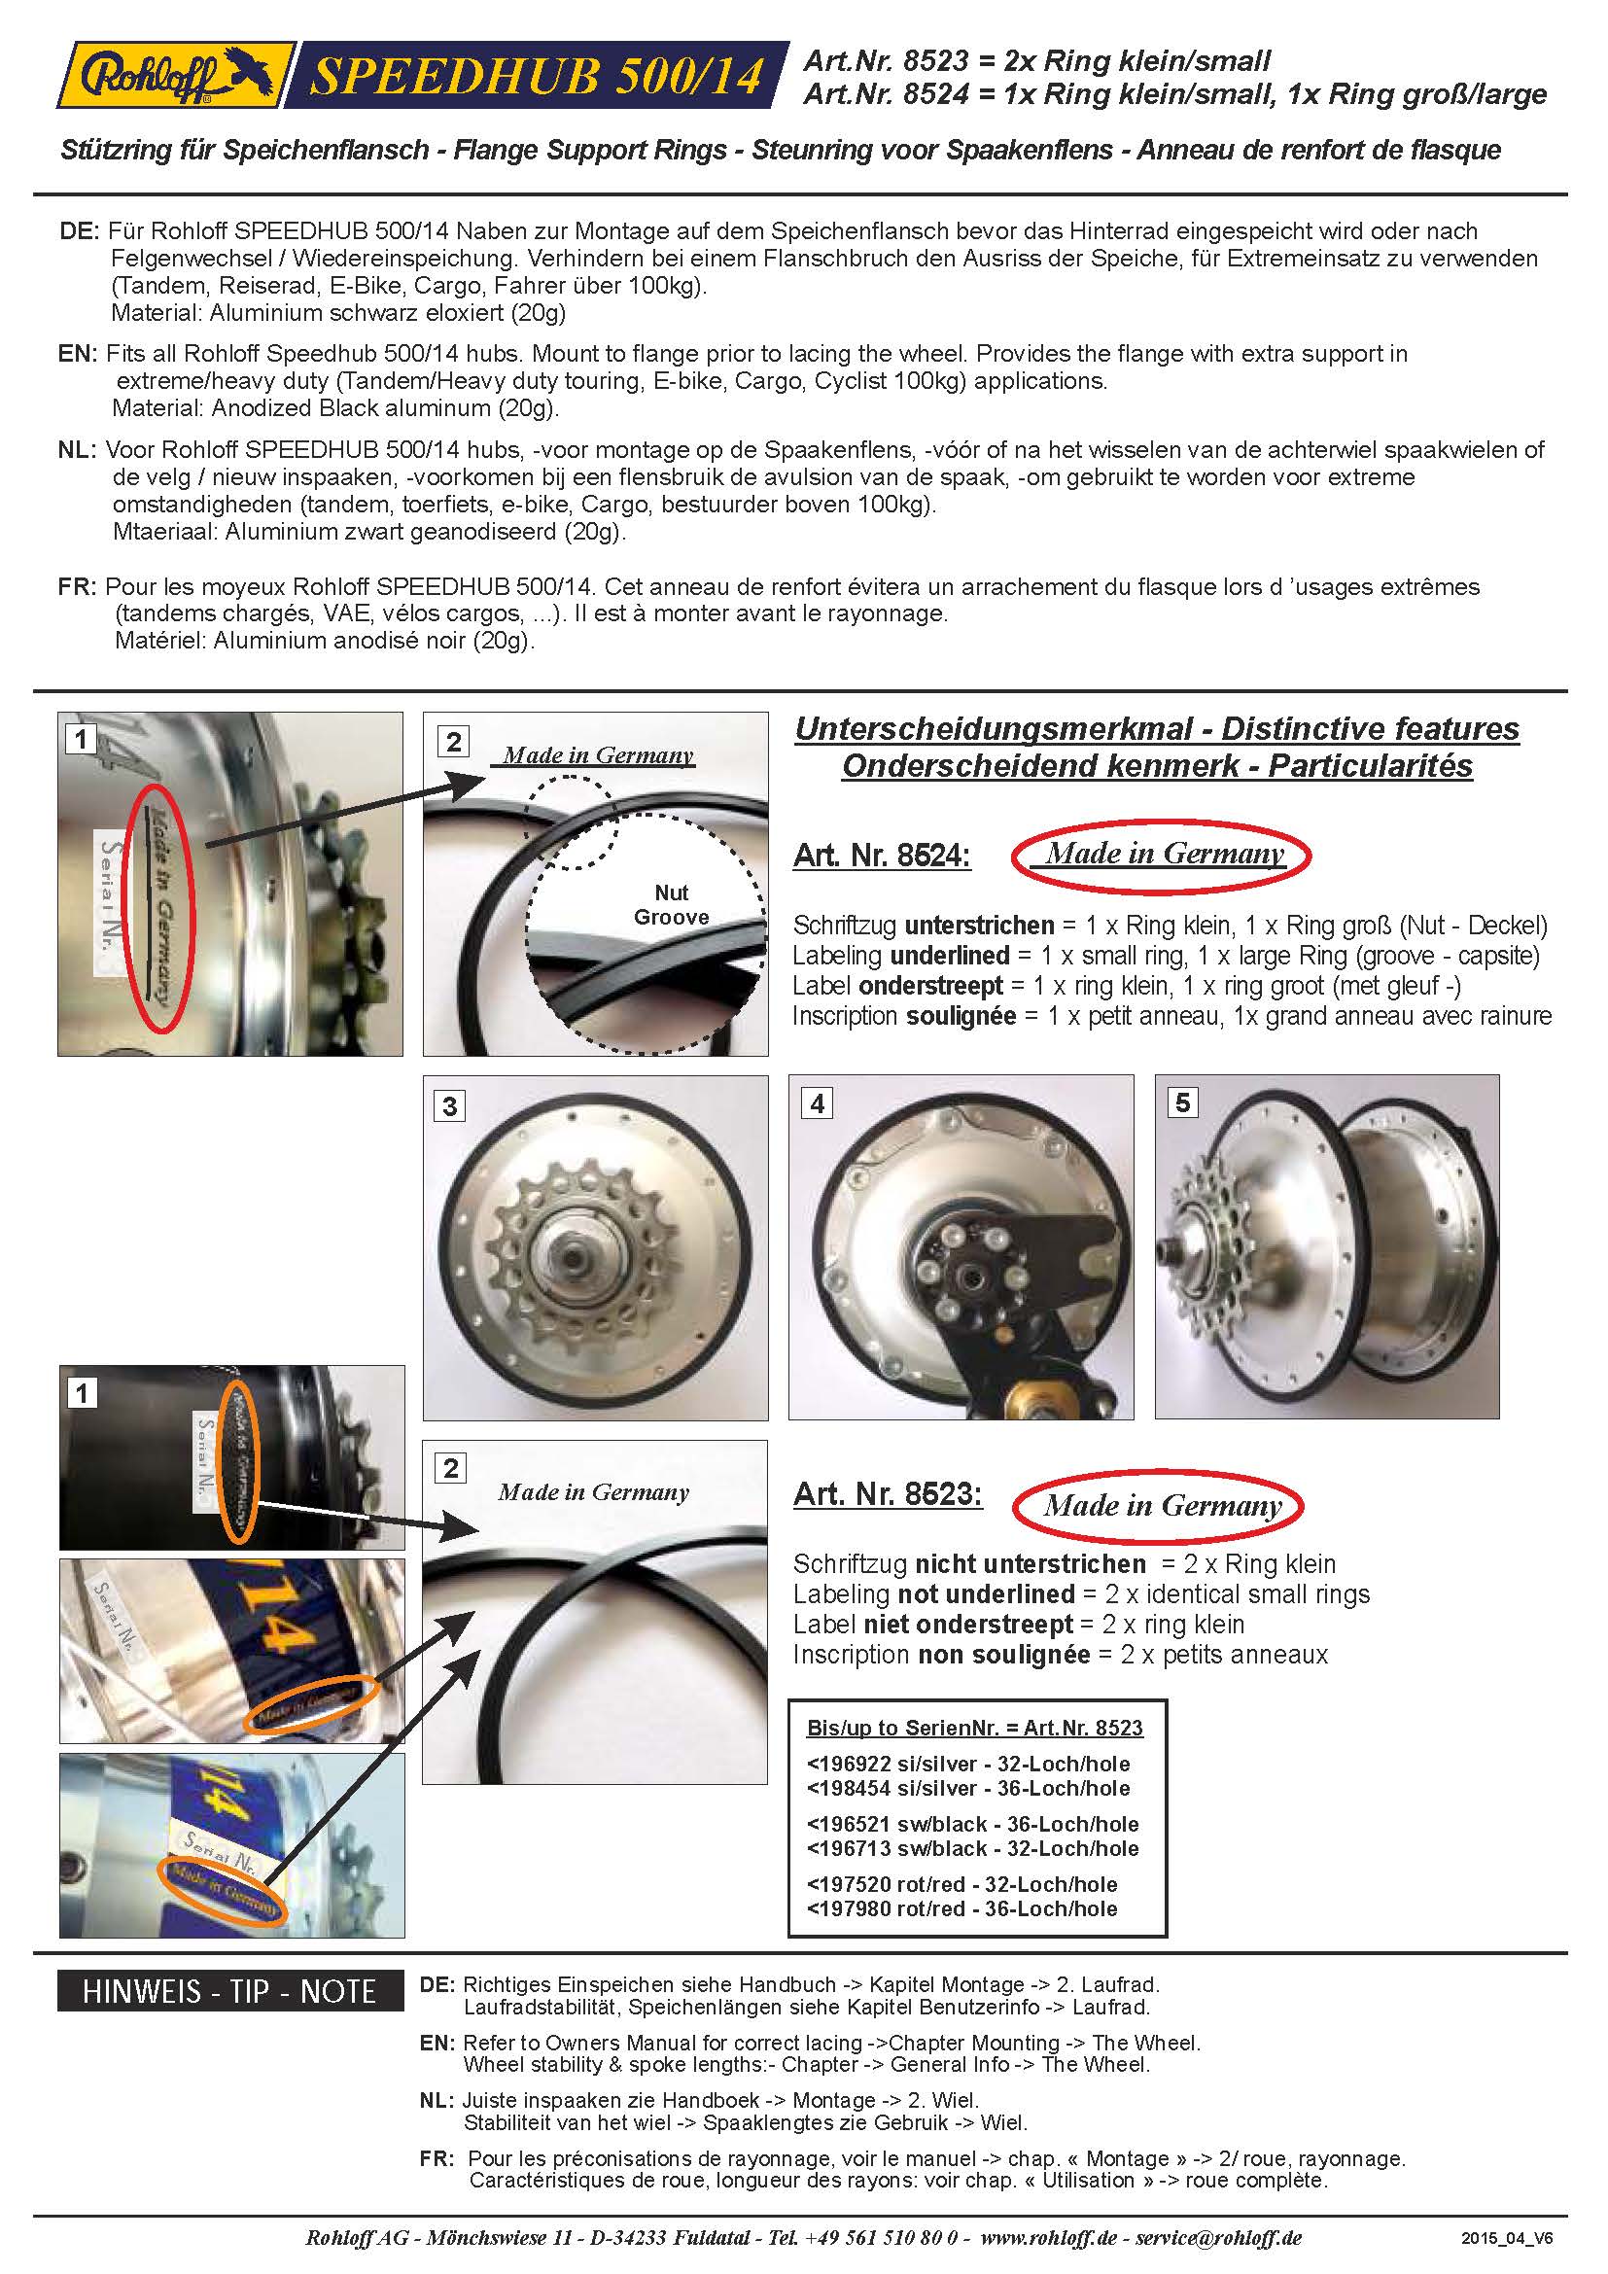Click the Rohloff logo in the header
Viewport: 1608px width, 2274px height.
[173, 75]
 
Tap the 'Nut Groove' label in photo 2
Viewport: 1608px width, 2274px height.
[671, 905]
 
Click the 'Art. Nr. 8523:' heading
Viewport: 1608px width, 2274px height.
[888, 1493]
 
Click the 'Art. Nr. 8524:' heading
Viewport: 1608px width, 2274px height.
[881, 855]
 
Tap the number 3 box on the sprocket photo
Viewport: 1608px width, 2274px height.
[449, 1105]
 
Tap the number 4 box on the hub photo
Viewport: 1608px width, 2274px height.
[816, 1103]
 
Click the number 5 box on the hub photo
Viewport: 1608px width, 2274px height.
[1182, 1102]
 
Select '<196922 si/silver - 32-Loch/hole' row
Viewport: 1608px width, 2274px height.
[967, 1764]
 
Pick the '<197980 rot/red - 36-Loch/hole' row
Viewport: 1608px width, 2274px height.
[961, 1908]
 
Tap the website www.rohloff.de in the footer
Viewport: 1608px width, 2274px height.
[1050, 2237]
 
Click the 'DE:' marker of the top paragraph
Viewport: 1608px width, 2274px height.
[79, 231]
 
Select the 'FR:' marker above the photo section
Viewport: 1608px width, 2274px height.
[77, 586]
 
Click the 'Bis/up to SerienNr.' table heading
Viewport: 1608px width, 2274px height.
[974, 1728]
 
